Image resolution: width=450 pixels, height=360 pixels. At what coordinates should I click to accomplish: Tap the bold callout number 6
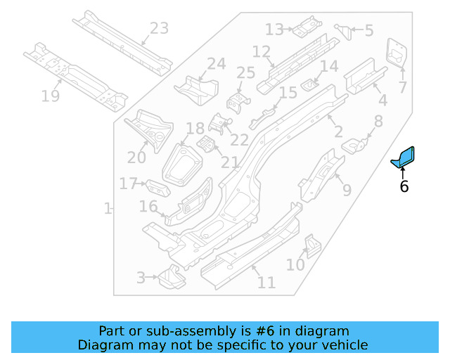[x=404, y=186]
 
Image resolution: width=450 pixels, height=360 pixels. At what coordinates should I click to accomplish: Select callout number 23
[x=160, y=29]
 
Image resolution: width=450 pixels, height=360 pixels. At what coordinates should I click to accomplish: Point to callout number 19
[x=50, y=96]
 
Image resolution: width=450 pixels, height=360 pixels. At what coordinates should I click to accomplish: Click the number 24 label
[x=217, y=64]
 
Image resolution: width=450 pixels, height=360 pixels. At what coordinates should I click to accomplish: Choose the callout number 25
[x=245, y=73]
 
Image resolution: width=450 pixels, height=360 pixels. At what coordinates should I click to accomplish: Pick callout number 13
[x=274, y=30]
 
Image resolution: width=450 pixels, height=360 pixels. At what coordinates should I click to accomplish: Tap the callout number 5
[x=369, y=30]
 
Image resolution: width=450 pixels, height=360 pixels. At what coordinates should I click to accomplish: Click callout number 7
[x=402, y=87]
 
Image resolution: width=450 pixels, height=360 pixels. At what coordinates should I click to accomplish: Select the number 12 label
[x=261, y=51]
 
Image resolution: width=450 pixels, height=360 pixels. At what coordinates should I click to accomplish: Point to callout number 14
[x=329, y=67]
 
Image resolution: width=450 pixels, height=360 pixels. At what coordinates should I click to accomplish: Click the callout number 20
[x=136, y=157]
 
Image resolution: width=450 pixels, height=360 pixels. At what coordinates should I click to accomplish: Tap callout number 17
[x=128, y=184]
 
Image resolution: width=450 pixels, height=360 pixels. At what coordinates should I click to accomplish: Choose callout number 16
[x=148, y=206]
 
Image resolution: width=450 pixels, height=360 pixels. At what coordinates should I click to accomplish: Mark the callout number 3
[x=141, y=278]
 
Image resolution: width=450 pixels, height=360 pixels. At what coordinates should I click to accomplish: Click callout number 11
[x=266, y=283]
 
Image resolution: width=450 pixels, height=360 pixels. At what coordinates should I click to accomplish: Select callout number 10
[x=295, y=265]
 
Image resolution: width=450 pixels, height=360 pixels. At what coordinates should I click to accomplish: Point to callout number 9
[x=347, y=189]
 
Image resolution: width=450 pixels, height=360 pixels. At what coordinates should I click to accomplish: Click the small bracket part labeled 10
[x=311, y=244]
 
